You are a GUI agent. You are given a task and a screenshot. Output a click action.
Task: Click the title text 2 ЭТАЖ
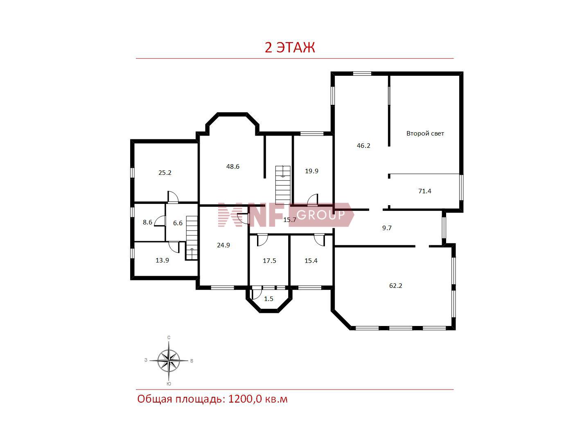[x=290, y=48]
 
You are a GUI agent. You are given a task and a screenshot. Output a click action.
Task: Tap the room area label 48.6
[x=232, y=167]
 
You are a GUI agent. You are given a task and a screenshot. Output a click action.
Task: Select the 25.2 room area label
[x=165, y=173]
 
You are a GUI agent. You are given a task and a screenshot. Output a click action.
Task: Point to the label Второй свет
[x=425, y=134]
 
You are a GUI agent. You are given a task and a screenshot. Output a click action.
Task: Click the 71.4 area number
[x=425, y=191]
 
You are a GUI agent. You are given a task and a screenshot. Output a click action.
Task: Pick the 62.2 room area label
[x=395, y=286]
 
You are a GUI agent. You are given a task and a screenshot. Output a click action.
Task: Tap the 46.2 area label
[x=363, y=146]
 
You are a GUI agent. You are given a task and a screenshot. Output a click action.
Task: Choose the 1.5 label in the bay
[x=268, y=299]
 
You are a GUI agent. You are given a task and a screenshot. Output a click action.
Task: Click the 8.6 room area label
[x=147, y=222]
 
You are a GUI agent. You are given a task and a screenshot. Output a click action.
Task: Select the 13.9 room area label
[x=162, y=260]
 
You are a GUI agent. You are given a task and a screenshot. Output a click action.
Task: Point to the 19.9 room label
[x=312, y=171]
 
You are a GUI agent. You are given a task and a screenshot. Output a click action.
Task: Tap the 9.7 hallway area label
[x=387, y=228]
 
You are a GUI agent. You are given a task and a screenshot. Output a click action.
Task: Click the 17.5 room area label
[x=269, y=261]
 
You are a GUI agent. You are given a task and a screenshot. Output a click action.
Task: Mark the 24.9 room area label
[x=223, y=245]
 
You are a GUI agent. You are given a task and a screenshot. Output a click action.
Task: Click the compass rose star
[x=169, y=361]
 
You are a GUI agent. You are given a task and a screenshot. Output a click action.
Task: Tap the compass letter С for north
[x=169, y=337]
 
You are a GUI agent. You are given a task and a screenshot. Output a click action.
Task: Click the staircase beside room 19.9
[x=283, y=185]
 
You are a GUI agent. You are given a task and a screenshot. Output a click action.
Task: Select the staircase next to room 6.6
[x=192, y=238]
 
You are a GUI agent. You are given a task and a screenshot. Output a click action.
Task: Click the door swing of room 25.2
[x=173, y=197]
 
